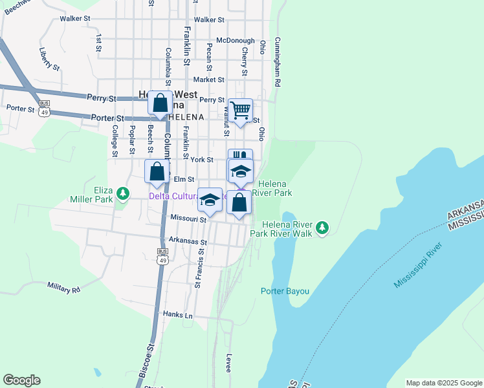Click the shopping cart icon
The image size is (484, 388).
pos(240,110)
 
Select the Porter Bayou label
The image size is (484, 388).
pos(285,291)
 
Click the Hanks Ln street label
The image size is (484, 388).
pos(178,315)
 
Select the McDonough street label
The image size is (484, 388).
pos(236,40)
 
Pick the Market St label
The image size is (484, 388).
pos(208,80)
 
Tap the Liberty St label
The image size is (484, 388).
pos(49,59)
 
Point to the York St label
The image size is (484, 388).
pos(202,159)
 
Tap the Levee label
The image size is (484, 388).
pos(228,362)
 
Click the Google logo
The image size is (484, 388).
pos(21,380)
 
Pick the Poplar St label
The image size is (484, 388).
pos(132,137)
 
